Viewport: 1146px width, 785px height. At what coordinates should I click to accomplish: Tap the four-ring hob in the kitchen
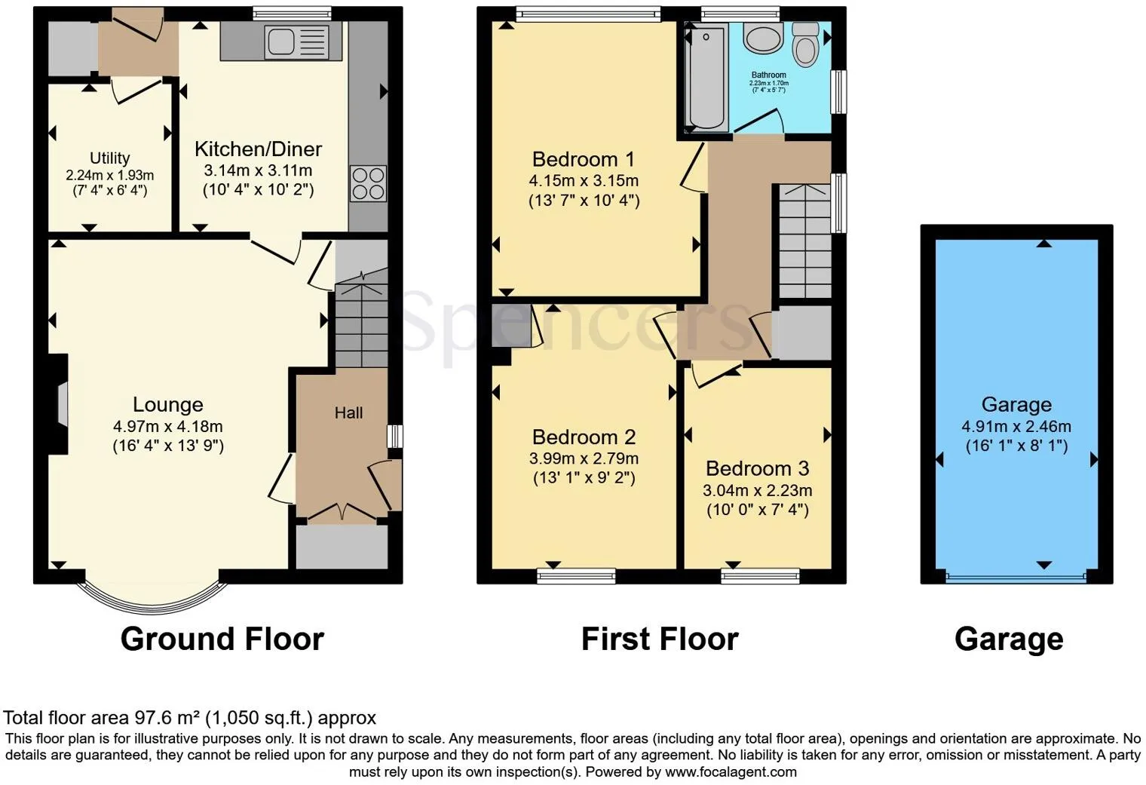point(368,183)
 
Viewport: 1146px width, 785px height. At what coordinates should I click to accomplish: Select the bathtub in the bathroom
point(706,78)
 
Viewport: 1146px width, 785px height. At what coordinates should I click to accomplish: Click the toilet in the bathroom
point(806,44)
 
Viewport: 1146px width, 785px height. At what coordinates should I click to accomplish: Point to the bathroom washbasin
point(763,38)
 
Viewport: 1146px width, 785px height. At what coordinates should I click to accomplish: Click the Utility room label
point(109,158)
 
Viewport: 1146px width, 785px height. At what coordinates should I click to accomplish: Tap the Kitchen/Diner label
point(258,149)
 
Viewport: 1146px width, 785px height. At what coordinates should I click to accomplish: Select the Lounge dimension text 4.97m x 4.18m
point(167,426)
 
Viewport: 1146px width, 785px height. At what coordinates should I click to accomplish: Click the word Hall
point(348,412)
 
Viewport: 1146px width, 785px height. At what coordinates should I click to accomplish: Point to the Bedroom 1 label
point(583,159)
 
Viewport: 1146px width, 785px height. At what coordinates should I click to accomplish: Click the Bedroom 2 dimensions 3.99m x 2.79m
point(584,458)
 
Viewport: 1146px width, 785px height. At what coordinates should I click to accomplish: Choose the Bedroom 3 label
point(757,468)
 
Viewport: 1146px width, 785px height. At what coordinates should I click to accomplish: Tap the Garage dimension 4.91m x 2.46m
point(1016,426)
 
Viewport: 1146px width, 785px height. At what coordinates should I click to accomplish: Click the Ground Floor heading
point(222,639)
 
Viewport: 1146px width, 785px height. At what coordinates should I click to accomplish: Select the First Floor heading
point(660,639)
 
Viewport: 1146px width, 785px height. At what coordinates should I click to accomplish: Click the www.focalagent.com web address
point(731,771)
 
